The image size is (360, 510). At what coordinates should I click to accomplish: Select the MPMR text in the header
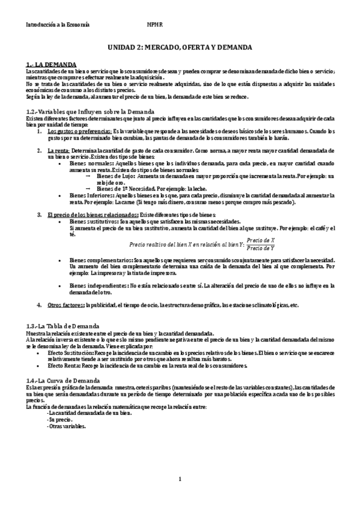click(x=155, y=25)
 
